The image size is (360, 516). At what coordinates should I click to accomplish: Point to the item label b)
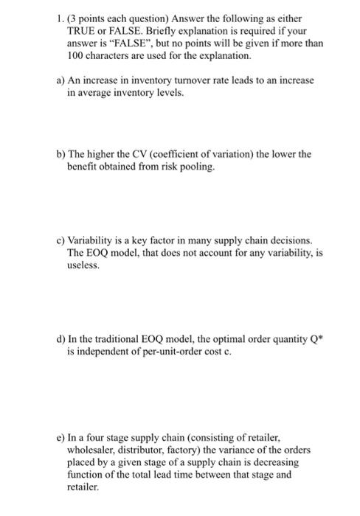tap(60, 154)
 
